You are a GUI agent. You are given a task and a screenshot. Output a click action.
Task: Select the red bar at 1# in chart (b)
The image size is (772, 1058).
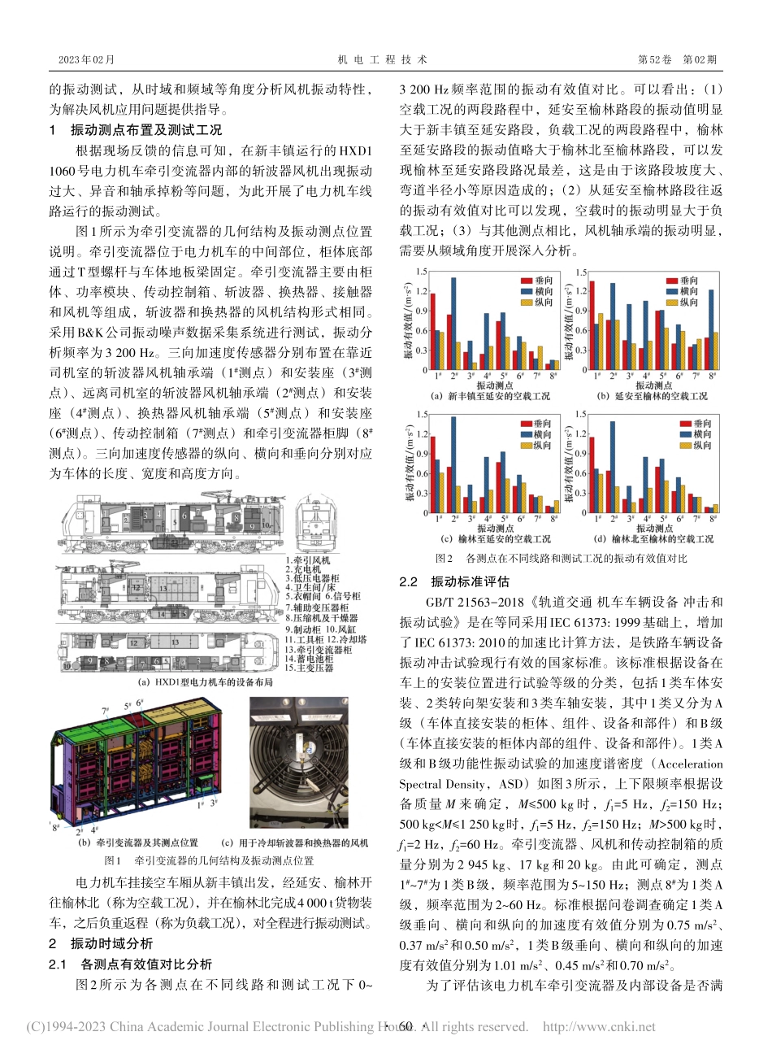tap(592, 325)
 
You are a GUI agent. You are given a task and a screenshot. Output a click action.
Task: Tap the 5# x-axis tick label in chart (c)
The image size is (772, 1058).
tap(501, 518)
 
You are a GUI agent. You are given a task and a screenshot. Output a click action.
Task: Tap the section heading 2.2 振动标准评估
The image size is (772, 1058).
tap(455, 581)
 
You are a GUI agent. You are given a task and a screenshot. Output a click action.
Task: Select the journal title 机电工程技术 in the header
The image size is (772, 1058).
tap(382, 59)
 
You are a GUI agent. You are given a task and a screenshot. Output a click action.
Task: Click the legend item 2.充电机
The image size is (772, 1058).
tap(305, 570)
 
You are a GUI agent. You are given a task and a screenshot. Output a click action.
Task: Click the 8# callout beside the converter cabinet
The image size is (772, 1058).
tap(54, 828)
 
